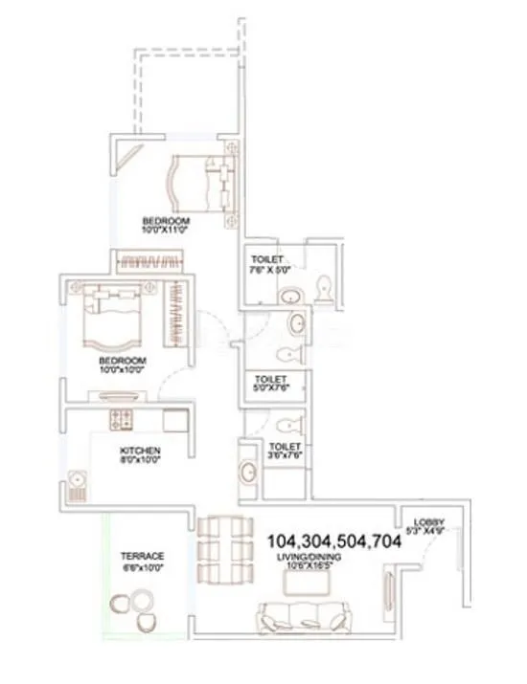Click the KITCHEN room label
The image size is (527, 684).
(x=140, y=450)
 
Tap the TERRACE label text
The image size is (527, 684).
(x=142, y=556)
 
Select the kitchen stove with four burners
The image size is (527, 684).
(x=123, y=418)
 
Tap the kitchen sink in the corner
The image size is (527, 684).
(x=78, y=481)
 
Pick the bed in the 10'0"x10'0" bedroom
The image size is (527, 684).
(x=113, y=320)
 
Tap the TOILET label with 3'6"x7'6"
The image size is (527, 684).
(x=285, y=447)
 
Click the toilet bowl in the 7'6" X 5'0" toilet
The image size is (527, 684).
(x=324, y=286)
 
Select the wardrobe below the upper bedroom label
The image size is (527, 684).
(x=147, y=259)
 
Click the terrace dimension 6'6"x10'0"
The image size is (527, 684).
(x=142, y=567)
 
